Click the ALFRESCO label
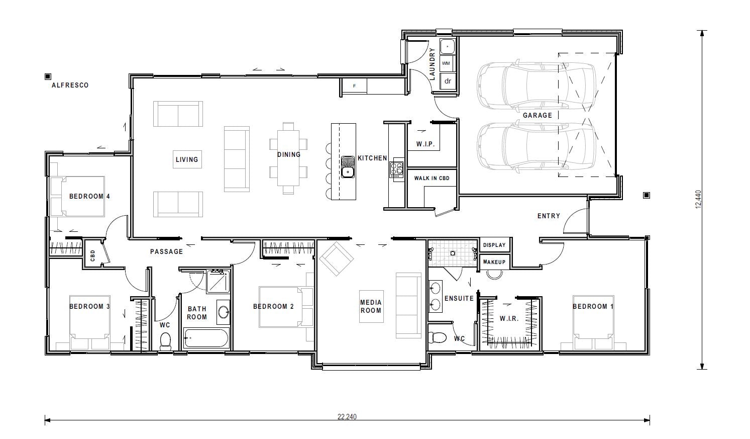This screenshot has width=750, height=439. click(70, 85)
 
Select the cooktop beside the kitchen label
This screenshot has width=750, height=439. click(396, 168)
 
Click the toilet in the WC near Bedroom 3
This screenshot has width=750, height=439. click(165, 341)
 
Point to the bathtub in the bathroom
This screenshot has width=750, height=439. click(206, 338)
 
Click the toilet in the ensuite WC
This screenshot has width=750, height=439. click(438, 336)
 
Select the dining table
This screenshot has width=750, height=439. click(288, 157)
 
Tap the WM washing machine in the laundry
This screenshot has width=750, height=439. click(446, 63)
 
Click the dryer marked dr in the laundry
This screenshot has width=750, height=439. click(447, 80)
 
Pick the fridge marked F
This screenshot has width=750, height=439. click(354, 86)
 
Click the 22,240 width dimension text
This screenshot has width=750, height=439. click(347, 416)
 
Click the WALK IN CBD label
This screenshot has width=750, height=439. click(432, 178)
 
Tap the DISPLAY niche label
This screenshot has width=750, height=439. click(494, 245)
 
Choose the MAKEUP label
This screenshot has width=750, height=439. click(494, 262)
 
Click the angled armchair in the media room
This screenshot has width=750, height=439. click(337, 259)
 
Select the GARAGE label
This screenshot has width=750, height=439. click(537, 115)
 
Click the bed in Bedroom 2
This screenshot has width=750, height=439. click(285, 307)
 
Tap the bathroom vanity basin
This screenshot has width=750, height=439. click(223, 312)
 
